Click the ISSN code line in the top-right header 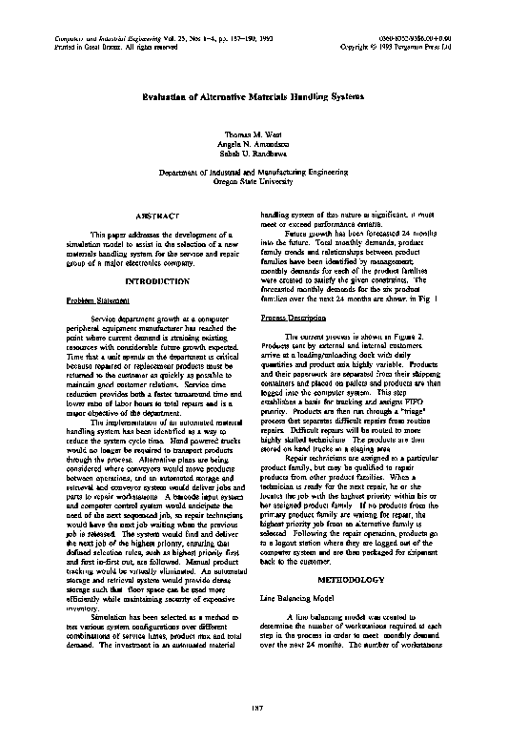tap(420, 36)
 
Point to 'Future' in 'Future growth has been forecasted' tap(297, 233)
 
